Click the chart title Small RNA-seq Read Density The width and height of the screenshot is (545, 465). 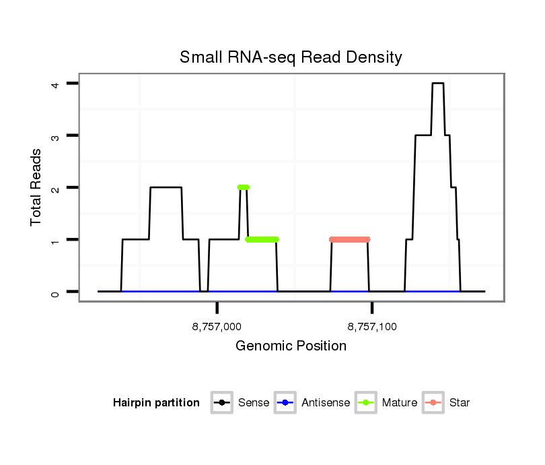pyautogui.click(x=291, y=57)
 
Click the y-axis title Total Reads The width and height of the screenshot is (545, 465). pyautogui.click(x=36, y=187)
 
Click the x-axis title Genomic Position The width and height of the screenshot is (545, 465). pyautogui.click(x=291, y=346)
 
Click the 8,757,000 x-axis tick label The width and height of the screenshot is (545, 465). pyautogui.click(x=217, y=328)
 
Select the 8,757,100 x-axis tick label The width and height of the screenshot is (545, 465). pyautogui.click(x=372, y=328)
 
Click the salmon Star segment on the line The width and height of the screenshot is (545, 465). pyautogui.click(x=350, y=239)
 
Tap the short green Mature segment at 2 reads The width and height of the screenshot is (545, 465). pyautogui.click(x=244, y=187)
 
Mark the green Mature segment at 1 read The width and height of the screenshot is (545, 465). pyautogui.click(x=262, y=239)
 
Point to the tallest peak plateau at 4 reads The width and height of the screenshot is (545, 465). pyautogui.click(x=437, y=84)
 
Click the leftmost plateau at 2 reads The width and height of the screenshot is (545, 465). pyautogui.click(x=166, y=187)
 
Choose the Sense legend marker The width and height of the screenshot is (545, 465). pyautogui.click(x=221, y=403)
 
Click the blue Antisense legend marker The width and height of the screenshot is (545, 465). pyautogui.click(x=285, y=403)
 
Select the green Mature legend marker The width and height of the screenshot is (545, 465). pyautogui.click(x=366, y=403)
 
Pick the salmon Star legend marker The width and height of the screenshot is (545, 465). pyautogui.click(x=433, y=403)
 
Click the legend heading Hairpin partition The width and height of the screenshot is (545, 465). pyautogui.click(x=156, y=403)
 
